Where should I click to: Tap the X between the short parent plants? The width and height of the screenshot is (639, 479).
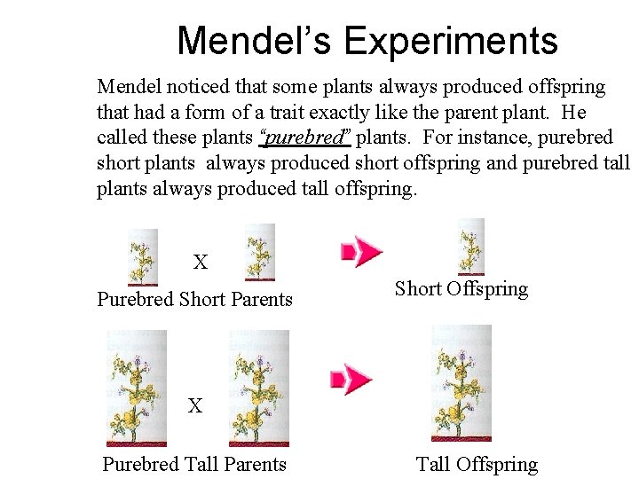click(201, 263)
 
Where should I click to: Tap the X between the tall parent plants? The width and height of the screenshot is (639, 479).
click(194, 406)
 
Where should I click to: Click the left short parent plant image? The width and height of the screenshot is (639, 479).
click(143, 257)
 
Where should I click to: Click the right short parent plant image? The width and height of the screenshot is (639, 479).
click(259, 252)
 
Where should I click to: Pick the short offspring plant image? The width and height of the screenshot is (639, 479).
click(469, 247)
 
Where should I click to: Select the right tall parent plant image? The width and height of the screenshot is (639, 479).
click(259, 388)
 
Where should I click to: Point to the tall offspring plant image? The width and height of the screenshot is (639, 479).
click(461, 383)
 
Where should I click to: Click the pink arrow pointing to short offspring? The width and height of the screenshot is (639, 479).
click(362, 251)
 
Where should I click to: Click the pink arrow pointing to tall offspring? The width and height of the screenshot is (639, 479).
click(351, 379)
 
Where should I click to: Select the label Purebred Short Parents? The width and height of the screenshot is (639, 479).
click(194, 299)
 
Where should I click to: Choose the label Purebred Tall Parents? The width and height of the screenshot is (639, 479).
click(194, 464)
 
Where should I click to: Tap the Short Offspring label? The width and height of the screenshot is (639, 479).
click(461, 288)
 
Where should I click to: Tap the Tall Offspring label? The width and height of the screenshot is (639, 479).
click(477, 464)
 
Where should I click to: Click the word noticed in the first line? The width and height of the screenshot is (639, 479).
click(192, 87)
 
